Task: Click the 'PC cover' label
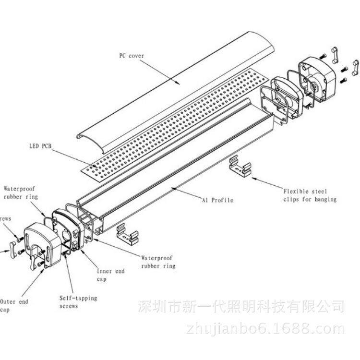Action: tap(132, 56)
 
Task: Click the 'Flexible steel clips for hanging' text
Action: tap(310, 194)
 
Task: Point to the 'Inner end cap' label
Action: tap(111, 275)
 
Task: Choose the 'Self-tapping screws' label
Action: tap(78, 301)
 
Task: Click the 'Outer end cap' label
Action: tap(14, 305)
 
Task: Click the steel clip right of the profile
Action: tap(240, 166)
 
